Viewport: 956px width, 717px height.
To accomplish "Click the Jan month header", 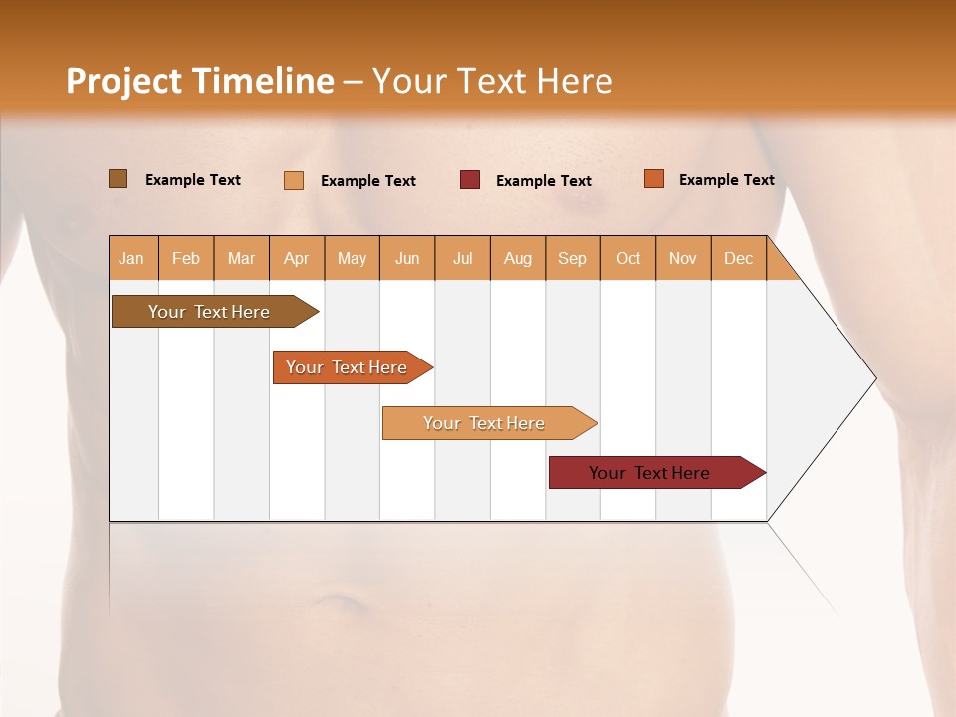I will coord(131,258).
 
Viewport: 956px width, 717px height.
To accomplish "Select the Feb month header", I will coord(186,258).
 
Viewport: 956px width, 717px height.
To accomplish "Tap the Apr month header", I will coord(296,258).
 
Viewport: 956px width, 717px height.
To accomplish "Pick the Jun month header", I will coord(407,258).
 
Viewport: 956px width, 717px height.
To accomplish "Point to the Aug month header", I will coord(517,258).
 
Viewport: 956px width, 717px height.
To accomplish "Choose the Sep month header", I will coord(572,258).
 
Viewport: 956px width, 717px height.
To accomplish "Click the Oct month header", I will coord(628,258).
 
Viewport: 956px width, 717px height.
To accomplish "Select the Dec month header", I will coord(738,258).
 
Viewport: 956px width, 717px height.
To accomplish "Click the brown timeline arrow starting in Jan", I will coord(210,312).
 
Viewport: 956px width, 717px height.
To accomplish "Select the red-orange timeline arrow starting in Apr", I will coord(348,367).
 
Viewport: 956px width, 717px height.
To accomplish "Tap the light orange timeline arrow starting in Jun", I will coord(484,423).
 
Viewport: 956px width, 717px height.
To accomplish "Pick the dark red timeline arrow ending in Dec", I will coord(649,473).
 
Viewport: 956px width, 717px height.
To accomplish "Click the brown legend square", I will coord(118,179).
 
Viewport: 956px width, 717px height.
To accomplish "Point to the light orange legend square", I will coord(294,180).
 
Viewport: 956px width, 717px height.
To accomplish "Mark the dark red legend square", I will coord(470,180).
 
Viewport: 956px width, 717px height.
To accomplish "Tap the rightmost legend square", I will coord(654,179).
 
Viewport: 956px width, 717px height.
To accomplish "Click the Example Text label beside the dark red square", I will coord(543,181).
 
